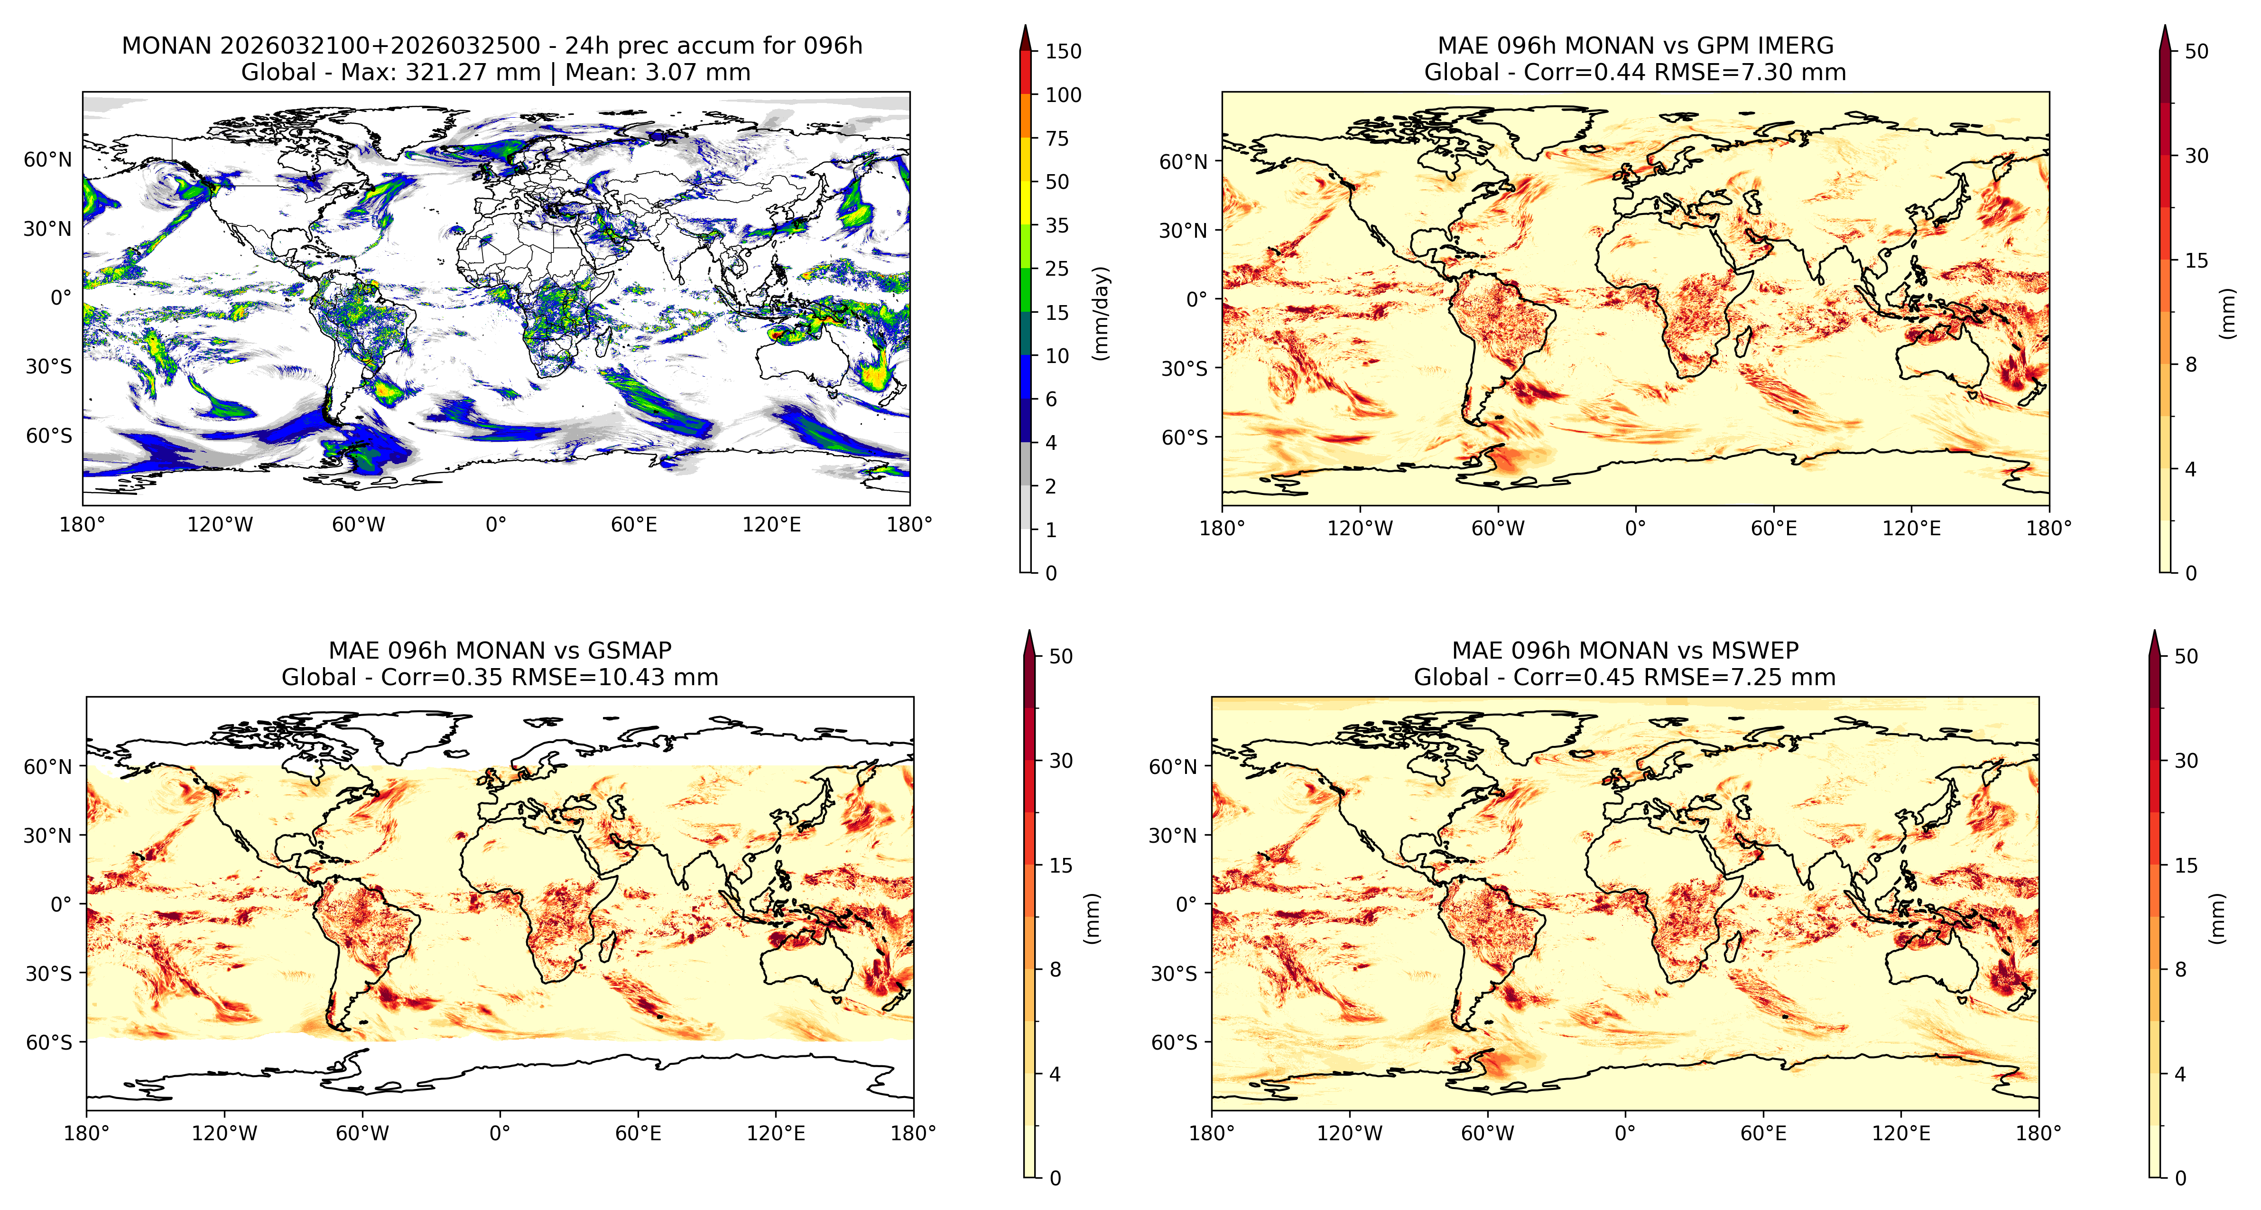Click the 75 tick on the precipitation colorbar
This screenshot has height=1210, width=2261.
tap(1057, 138)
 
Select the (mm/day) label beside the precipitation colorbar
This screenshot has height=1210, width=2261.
tap(1101, 313)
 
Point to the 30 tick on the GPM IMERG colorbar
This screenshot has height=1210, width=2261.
tap(2196, 156)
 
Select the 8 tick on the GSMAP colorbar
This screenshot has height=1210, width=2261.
tap(1055, 969)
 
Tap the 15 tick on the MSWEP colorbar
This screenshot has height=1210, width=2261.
tap(2186, 865)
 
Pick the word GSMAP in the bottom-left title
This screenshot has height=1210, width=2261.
tap(630, 651)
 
